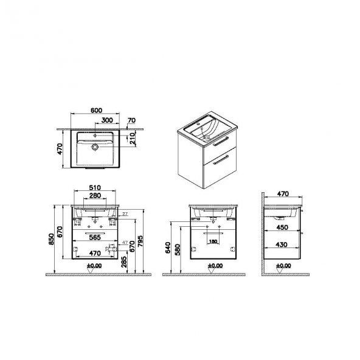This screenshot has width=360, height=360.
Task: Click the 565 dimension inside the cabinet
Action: (94, 240)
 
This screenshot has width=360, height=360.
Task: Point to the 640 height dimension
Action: (167, 247)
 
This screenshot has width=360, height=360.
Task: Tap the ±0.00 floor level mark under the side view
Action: (283, 266)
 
